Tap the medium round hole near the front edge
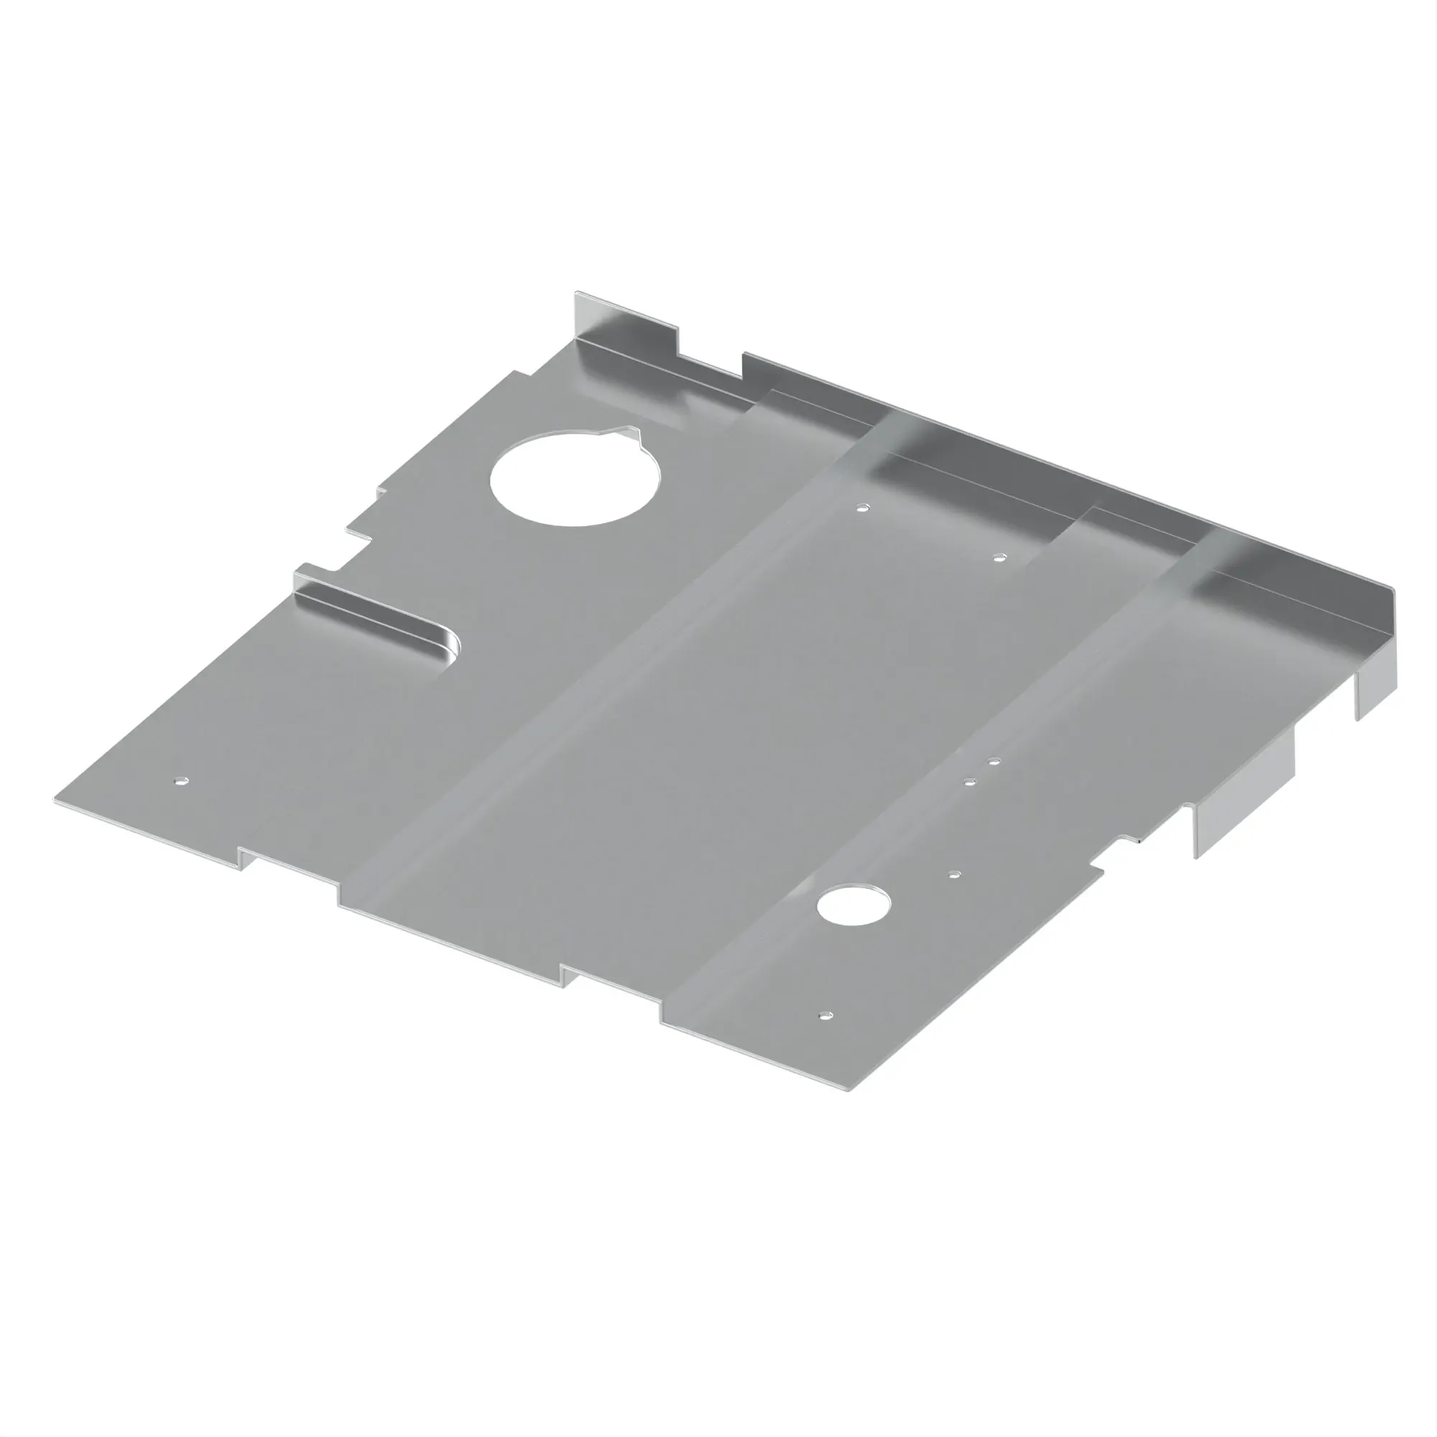853,905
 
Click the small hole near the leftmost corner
181,781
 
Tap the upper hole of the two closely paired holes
994,762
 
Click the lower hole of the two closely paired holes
969,782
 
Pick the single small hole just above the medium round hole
955,874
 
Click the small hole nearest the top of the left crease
862,509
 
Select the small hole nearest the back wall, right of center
999,556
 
